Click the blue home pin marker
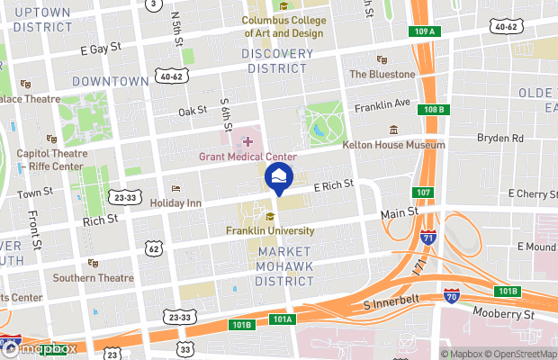(279, 177)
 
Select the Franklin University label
(269, 230)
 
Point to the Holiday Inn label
(175, 202)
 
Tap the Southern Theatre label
(93, 277)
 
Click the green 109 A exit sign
(427, 31)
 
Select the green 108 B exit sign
(433, 111)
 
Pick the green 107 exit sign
(422, 193)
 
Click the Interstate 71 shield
(428, 237)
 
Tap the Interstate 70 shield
(451, 294)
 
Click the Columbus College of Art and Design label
(283, 27)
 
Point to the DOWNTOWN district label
(111, 81)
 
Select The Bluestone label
(382, 74)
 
